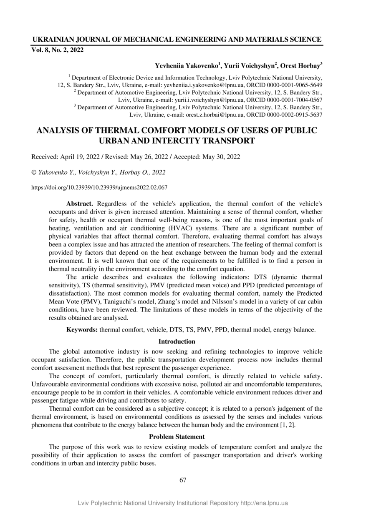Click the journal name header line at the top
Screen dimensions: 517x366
click(x=177, y=40)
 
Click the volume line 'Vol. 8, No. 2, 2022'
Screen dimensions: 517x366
click(x=58, y=50)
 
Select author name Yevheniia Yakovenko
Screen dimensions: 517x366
click(x=187, y=66)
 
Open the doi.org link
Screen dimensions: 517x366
click(x=99, y=188)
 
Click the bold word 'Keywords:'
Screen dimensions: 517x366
click(x=82, y=330)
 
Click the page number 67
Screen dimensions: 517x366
click(x=183, y=480)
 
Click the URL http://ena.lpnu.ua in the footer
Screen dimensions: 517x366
click(x=264, y=503)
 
